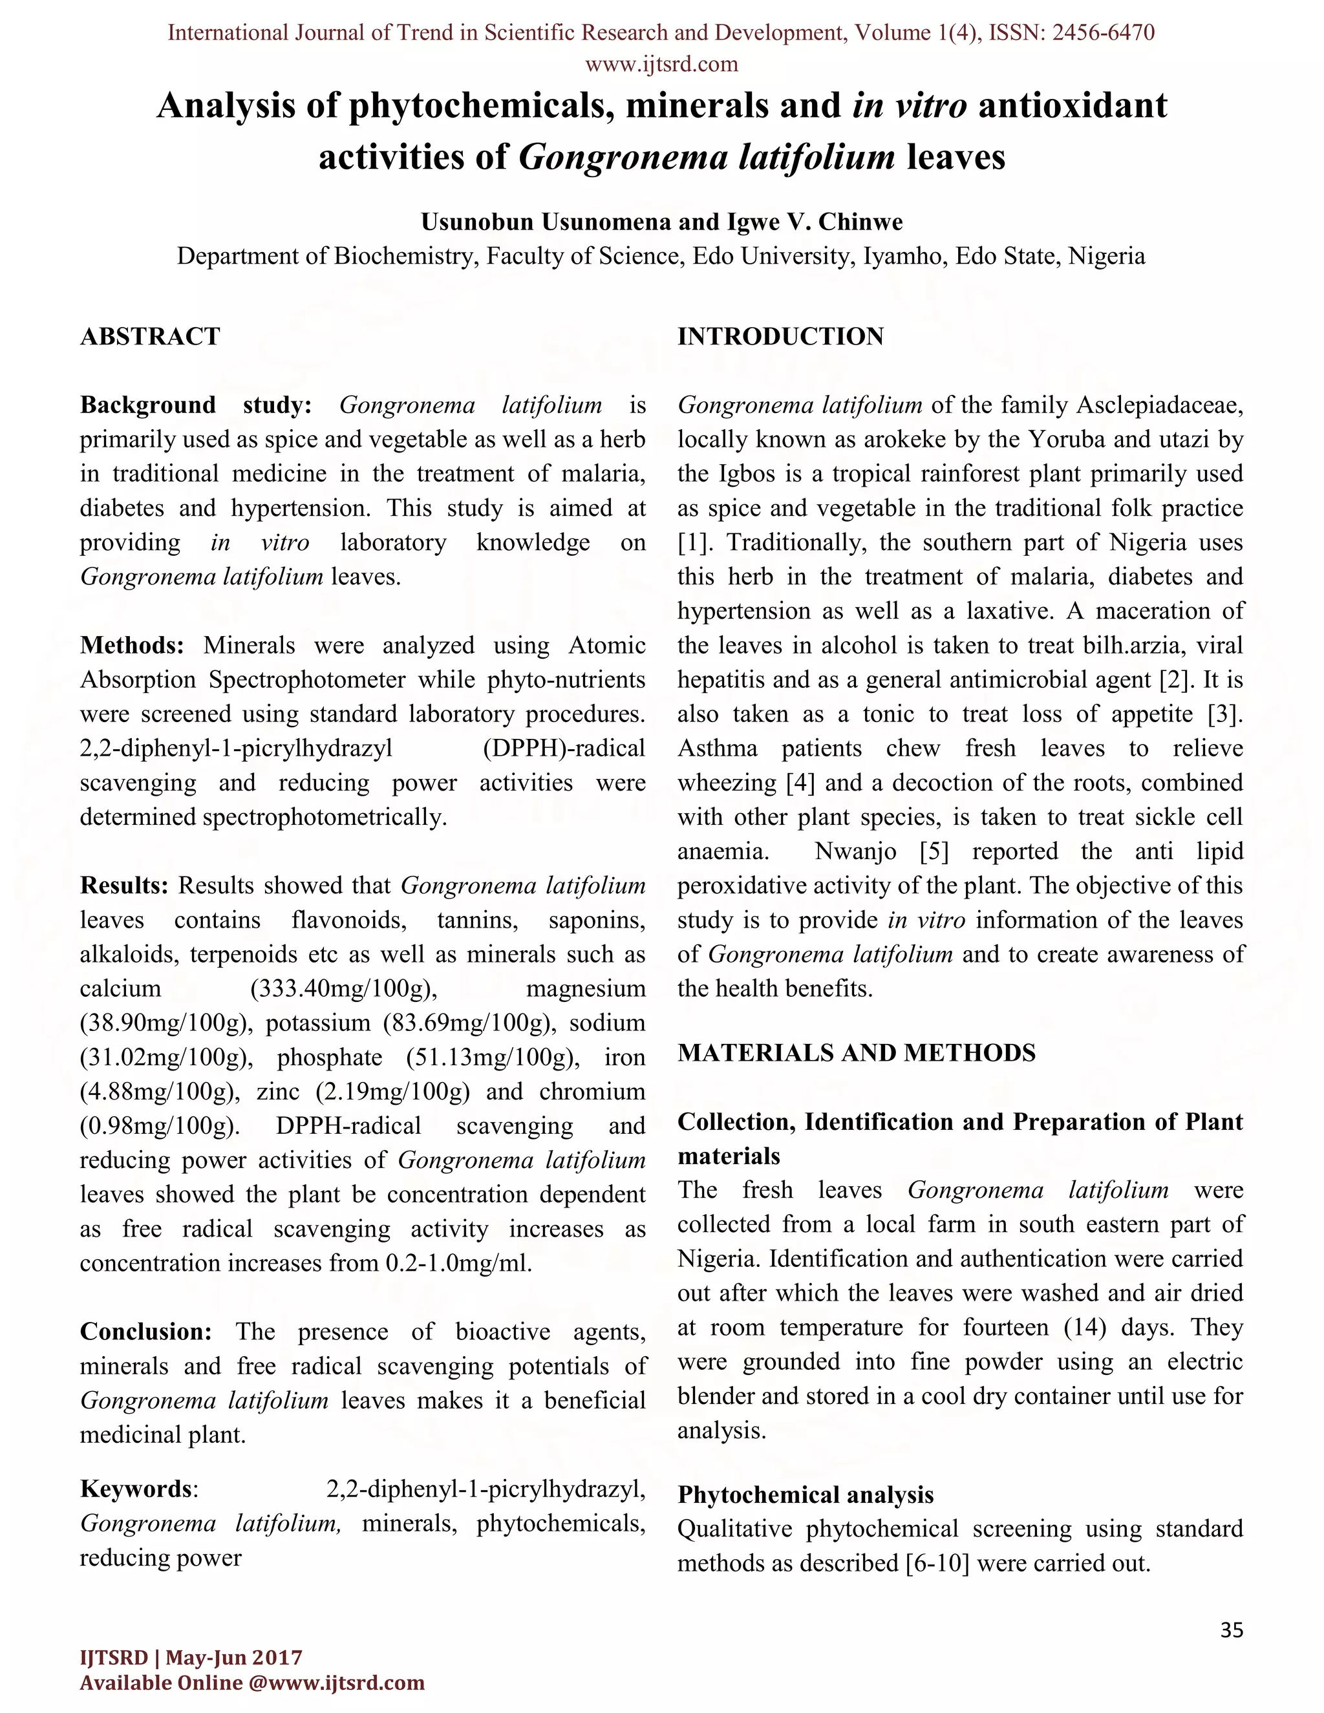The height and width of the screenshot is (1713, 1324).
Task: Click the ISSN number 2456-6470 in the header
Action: tap(1102, 33)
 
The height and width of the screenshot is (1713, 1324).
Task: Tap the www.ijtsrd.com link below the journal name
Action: tap(661, 64)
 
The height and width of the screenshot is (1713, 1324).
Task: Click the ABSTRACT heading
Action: tap(150, 337)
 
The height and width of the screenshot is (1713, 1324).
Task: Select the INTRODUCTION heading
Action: tap(780, 337)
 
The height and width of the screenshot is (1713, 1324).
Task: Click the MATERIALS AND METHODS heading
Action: tap(856, 1052)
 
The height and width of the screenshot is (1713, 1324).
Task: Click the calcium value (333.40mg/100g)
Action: tap(343, 989)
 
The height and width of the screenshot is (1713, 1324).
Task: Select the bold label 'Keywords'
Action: tap(136, 1489)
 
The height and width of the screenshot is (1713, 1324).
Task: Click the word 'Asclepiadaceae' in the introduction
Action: tap(1159, 405)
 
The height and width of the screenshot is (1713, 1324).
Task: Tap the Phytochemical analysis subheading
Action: tap(805, 1495)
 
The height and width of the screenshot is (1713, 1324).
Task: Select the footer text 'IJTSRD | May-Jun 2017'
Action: tap(191, 1657)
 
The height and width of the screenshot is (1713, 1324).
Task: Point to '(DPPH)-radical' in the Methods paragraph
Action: tap(564, 749)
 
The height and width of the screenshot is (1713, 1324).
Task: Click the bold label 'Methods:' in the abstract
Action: tap(132, 646)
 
